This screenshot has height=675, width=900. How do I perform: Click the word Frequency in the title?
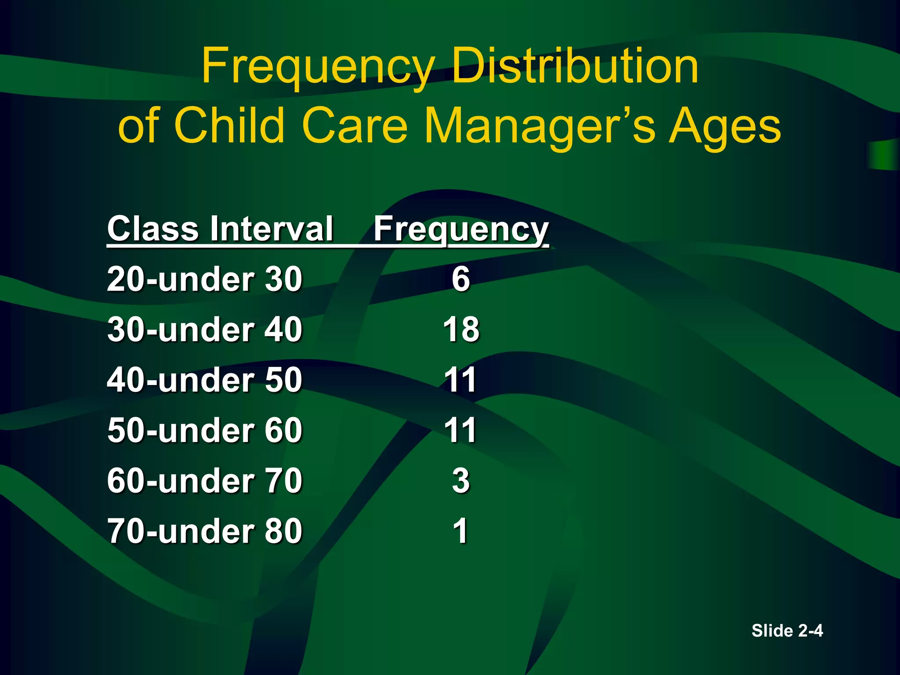318,67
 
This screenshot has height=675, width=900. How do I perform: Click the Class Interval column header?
220,229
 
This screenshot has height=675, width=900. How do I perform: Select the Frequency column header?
461,230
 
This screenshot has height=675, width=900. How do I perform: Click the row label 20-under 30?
205,279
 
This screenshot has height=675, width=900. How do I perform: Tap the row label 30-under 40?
205,330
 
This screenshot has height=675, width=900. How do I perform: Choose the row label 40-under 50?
205,380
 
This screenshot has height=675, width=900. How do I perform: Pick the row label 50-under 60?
205,430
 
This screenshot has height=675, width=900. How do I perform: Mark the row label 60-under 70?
205,481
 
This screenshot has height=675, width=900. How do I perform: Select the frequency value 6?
461,279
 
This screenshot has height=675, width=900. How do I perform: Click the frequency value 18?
461,330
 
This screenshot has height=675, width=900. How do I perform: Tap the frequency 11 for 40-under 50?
460,380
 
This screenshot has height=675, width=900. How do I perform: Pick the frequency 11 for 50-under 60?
460,430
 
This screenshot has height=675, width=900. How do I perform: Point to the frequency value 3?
461,481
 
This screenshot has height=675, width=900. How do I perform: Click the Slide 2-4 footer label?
787,631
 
